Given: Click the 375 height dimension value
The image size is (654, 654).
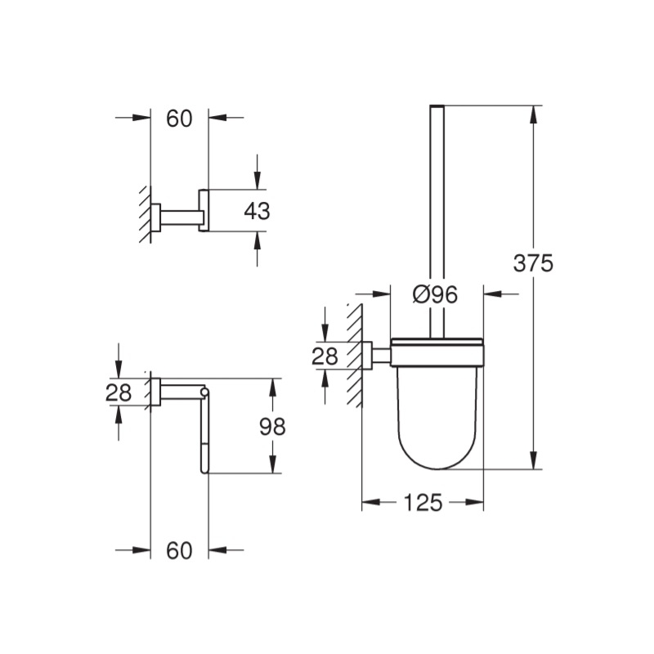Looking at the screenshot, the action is tap(533, 263).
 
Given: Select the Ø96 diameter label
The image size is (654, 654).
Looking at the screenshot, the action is tap(435, 294).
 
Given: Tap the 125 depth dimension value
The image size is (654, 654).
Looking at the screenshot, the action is tap(423, 502).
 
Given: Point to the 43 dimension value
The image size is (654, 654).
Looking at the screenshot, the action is tap(257, 211).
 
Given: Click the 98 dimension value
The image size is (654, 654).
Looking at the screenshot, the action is tap(272, 427).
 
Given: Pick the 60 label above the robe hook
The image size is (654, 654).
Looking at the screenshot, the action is tap(179, 119).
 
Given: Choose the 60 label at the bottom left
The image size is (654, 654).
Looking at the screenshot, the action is tap(179, 550).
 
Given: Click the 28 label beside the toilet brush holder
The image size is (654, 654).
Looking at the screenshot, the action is tap(325, 356).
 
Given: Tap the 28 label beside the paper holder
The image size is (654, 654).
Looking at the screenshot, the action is tap(119, 392).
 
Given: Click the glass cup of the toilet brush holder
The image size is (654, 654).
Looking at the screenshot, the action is tap(437, 417).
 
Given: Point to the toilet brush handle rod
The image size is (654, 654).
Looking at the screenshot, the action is tap(437, 221).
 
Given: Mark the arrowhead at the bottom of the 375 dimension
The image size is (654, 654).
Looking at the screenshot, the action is tap(533, 460).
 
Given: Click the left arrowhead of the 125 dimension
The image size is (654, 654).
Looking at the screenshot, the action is tap(371, 502).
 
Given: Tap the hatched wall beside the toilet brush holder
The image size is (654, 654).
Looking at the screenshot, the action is tap(354, 356).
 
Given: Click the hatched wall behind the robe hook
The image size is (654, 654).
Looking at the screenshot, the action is tap(146, 214).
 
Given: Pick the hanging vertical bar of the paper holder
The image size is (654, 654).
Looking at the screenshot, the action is tap(204, 434).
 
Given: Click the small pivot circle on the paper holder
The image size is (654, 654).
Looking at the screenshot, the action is tap(204, 392).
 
